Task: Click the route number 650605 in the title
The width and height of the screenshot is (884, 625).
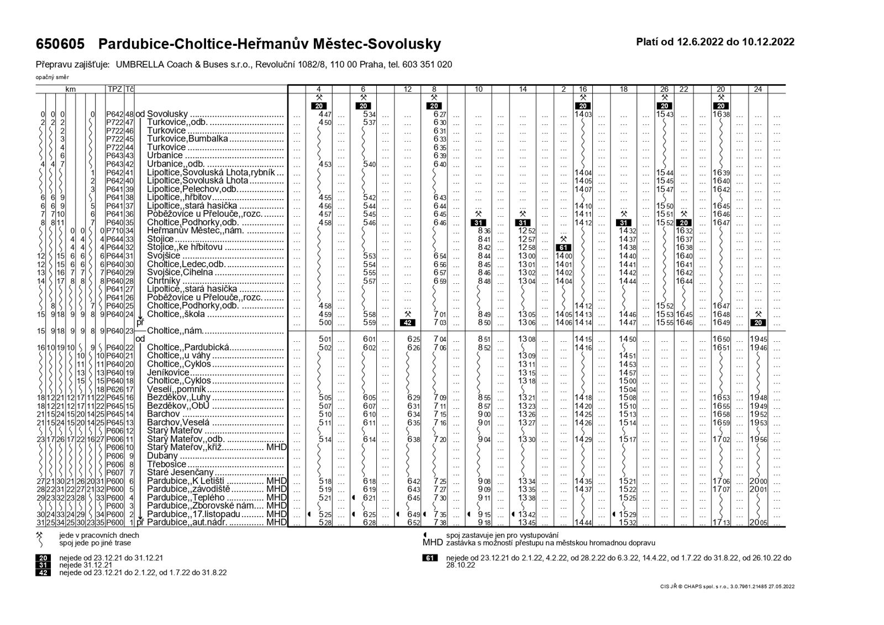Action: (x=60, y=44)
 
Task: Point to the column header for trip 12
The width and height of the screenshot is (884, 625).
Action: (x=408, y=89)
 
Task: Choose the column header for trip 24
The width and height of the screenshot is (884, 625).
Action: (x=757, y=89)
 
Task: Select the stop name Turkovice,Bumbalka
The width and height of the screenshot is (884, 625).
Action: (x=187, y=139)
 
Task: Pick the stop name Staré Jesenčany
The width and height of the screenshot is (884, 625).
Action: (x=180, y=473)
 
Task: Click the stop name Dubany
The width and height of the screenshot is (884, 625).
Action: (x=162, y=456)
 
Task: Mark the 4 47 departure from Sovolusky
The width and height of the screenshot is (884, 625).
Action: (x=325, y=114)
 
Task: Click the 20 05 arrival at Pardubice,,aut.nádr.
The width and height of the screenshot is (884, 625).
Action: (x=757, y=523)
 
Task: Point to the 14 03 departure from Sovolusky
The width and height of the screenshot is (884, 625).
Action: (x=583, y=114)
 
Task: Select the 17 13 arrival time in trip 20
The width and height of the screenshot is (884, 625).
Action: (x=720, y=523)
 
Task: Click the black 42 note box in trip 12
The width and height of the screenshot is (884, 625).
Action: (x=407, y=322)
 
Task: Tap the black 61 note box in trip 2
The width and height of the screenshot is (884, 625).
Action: (x=564, y=248)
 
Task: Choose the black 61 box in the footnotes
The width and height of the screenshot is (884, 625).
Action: (x=430, y=558)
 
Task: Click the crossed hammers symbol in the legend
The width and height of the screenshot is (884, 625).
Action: (x=40, y=536)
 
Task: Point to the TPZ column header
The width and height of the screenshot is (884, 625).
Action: (x=114, y=89)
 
